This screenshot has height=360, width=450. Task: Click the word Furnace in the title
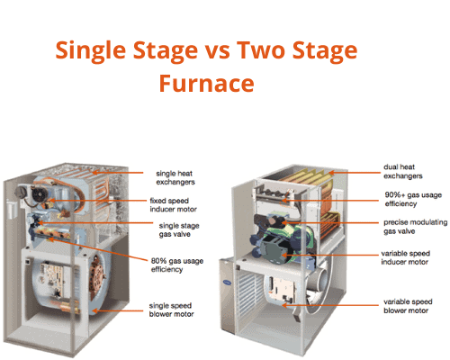tap(206, 83)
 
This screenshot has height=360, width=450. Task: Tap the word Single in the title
tap(90, 51)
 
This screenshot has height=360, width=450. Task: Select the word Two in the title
tap(260, 49)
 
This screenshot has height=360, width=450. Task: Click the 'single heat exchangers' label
tap(175, 177)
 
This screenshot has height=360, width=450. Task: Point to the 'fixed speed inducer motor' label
tap(173, 205)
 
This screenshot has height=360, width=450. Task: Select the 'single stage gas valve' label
tap(179, 229)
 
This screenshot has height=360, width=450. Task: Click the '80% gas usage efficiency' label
tap(177, 265)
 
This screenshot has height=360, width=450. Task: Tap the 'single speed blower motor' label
tap(171, 310)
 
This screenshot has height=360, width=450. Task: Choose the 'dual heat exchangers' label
tap(403, 171)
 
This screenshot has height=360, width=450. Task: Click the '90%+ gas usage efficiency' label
tap(413, 199)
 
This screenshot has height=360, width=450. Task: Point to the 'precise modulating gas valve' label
tap(415, 227)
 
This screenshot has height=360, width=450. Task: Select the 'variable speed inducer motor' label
tap(405, 257)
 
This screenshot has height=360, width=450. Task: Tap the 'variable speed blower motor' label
tap(408, 306)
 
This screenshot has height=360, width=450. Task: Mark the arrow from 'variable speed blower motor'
tap(330, 305)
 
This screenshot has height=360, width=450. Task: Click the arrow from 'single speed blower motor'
tap(118, 310)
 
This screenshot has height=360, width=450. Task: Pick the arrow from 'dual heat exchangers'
tap(354, 173)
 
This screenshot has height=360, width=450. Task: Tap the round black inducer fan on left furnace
tap(39, 194)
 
